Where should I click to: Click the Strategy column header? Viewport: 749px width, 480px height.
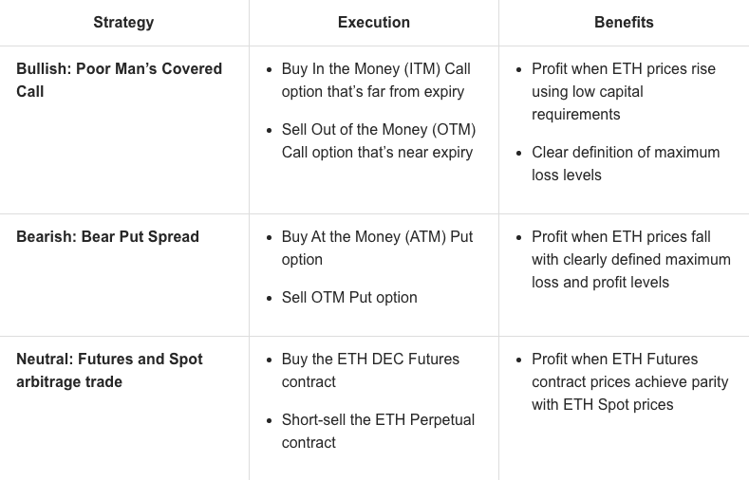coord(123,22)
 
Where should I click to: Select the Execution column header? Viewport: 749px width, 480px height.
coord(374,22)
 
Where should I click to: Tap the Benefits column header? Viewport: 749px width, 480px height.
coord(624,22)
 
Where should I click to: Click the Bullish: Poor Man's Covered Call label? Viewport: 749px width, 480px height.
coord(119,80)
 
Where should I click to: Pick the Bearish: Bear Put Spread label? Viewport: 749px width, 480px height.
coord(107,236)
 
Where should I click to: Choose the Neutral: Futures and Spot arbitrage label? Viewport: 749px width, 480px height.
coord(109,370)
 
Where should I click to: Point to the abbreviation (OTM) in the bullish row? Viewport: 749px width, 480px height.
coord(456,129)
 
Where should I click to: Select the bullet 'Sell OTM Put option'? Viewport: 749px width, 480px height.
coord(349,297)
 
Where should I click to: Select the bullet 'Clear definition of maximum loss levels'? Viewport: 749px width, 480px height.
coord(625,163)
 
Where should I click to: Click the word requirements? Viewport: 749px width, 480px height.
coord(575,114)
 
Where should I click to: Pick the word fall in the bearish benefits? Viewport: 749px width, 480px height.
coord(696,236)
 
